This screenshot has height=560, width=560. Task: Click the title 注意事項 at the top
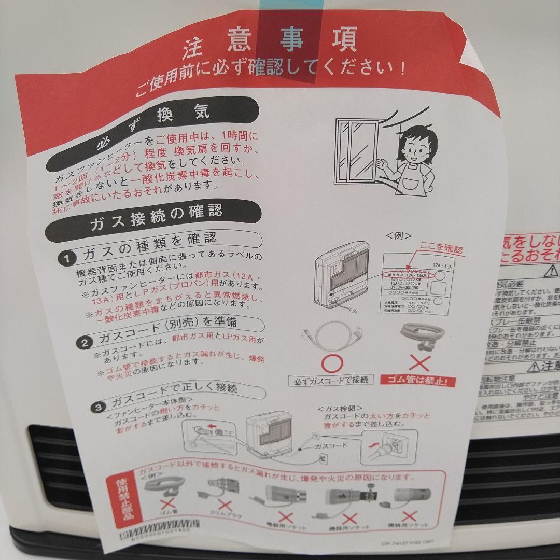click(269, 43)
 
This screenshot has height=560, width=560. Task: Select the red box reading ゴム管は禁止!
click(419, 382)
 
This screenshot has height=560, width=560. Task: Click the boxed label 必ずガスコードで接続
click(330, 380)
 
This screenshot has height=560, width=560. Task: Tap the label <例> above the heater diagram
click(399, 235)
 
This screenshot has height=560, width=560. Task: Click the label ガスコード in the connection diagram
click(330, 445)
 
